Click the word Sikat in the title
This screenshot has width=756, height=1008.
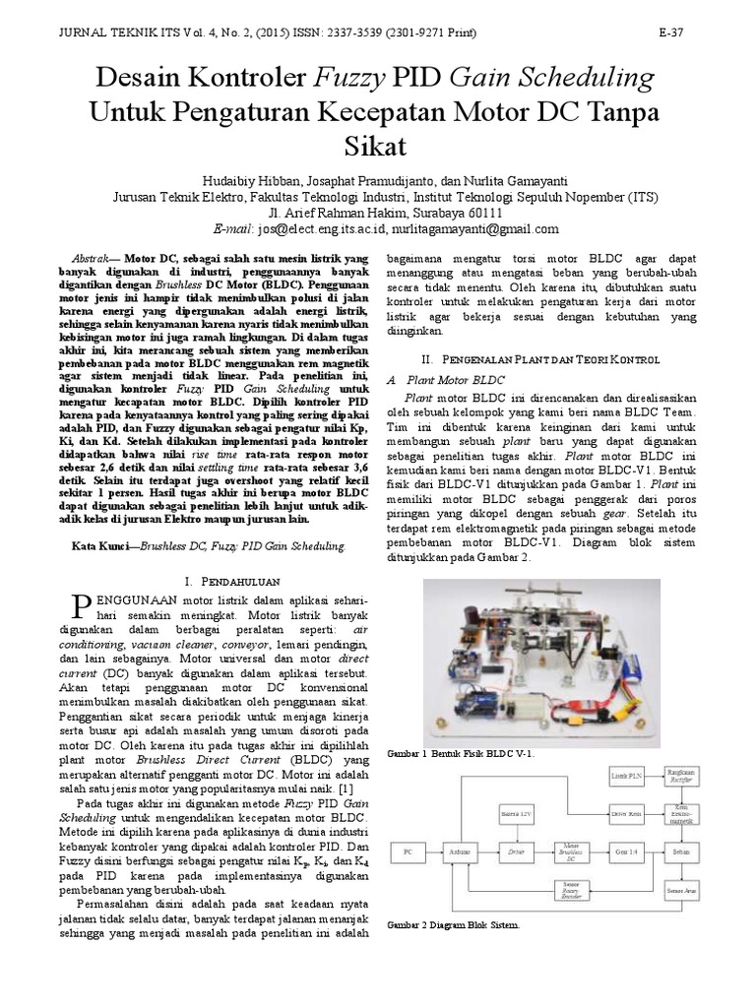(377, 148)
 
